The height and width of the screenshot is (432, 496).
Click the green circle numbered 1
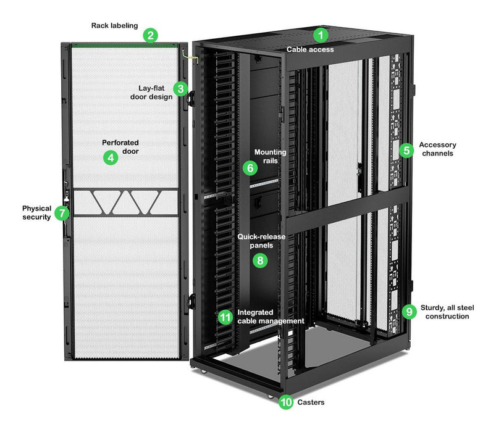[319, 35]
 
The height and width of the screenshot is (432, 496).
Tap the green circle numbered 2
[150, 35]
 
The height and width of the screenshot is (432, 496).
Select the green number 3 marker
[180, 88]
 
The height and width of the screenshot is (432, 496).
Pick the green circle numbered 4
[111, 157]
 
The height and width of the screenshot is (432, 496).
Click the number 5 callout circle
[406, 149]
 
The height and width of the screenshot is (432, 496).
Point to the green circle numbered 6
[250, 167]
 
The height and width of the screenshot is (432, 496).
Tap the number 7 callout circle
[61, 214]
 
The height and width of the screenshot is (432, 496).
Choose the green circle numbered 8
[260, 260]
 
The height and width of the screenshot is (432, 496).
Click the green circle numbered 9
[408, 312]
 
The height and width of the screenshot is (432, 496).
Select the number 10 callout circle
[285, 402]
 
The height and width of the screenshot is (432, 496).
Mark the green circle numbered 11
[226, 317]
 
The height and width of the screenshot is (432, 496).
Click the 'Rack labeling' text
[114, 26]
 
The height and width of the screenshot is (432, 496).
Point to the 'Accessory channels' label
[437, 149]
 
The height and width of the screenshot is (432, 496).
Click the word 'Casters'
[311, 402]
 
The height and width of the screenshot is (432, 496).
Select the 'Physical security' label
[36, 213]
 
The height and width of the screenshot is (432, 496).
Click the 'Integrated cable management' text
[271, 317]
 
